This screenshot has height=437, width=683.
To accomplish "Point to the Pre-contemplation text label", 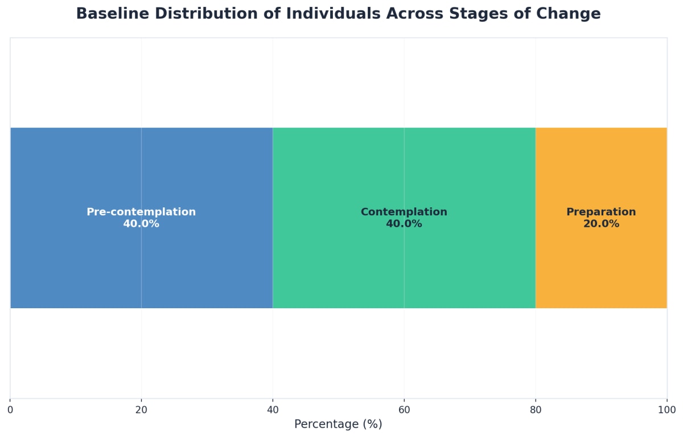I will click(141, 212).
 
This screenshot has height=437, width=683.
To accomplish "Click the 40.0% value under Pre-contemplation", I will click(141, 224).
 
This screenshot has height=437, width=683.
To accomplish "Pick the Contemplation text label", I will click(404, 212).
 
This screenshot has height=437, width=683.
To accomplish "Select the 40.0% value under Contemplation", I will click(404, 224).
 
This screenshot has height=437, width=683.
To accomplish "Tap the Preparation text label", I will click(601, 212).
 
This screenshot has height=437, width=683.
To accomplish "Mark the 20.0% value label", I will click(601, 224).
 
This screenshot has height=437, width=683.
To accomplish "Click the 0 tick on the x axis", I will click(10, 410).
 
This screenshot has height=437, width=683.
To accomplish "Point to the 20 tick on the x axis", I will click(141, 410).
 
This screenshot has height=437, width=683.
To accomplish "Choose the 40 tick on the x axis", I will click(273, 410).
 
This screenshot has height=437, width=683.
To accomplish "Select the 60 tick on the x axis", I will click(404, 410).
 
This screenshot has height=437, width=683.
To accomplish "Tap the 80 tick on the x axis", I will click(536, 410).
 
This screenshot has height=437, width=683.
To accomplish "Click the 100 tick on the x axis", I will click(666, 410).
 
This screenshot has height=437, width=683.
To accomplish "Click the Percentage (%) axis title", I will click(338, 424).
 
